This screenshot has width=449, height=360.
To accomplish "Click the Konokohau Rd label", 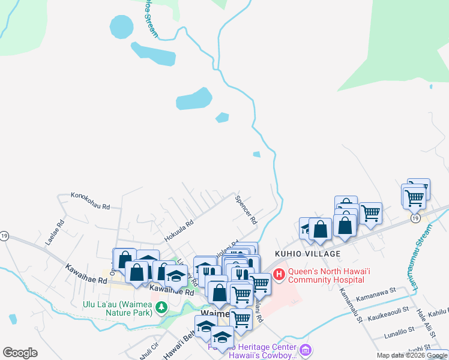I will coord(90,200).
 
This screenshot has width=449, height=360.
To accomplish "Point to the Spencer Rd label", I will coord(246,209).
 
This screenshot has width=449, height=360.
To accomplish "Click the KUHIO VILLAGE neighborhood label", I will coord(308,254).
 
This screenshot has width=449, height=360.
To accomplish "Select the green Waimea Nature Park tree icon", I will coord(161,308).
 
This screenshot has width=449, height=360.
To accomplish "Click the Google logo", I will coord(20,353).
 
